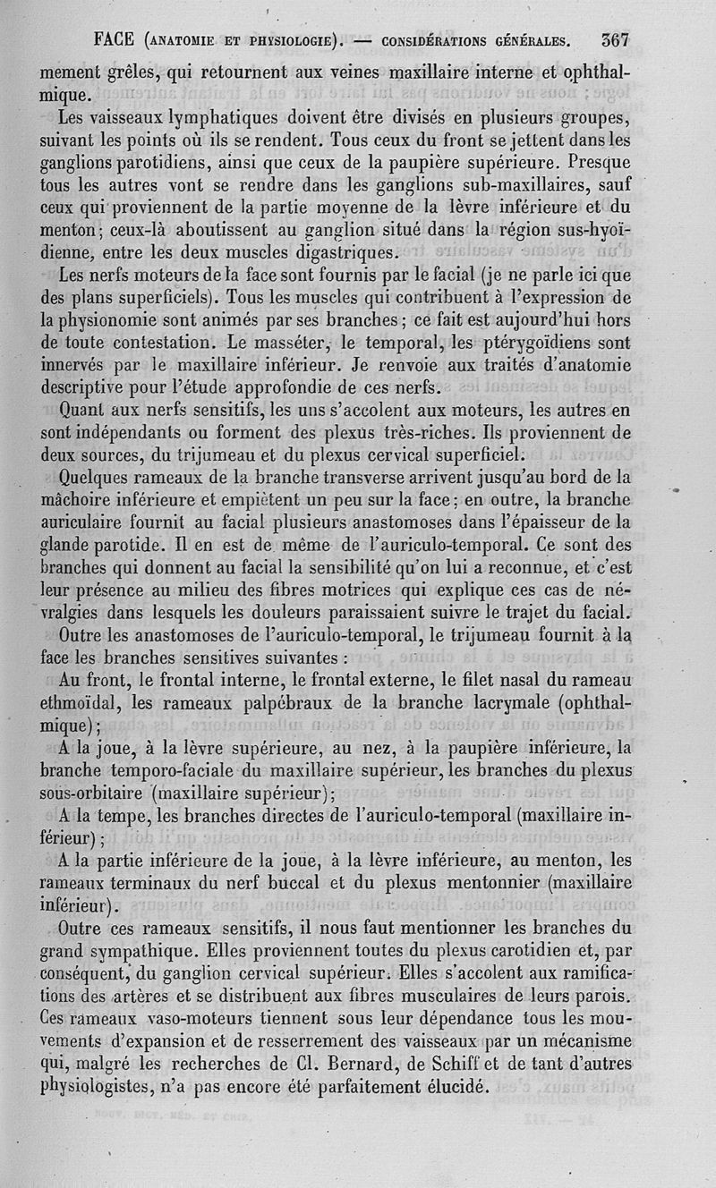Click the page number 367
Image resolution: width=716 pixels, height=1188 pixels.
click(x=616, y=39)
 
